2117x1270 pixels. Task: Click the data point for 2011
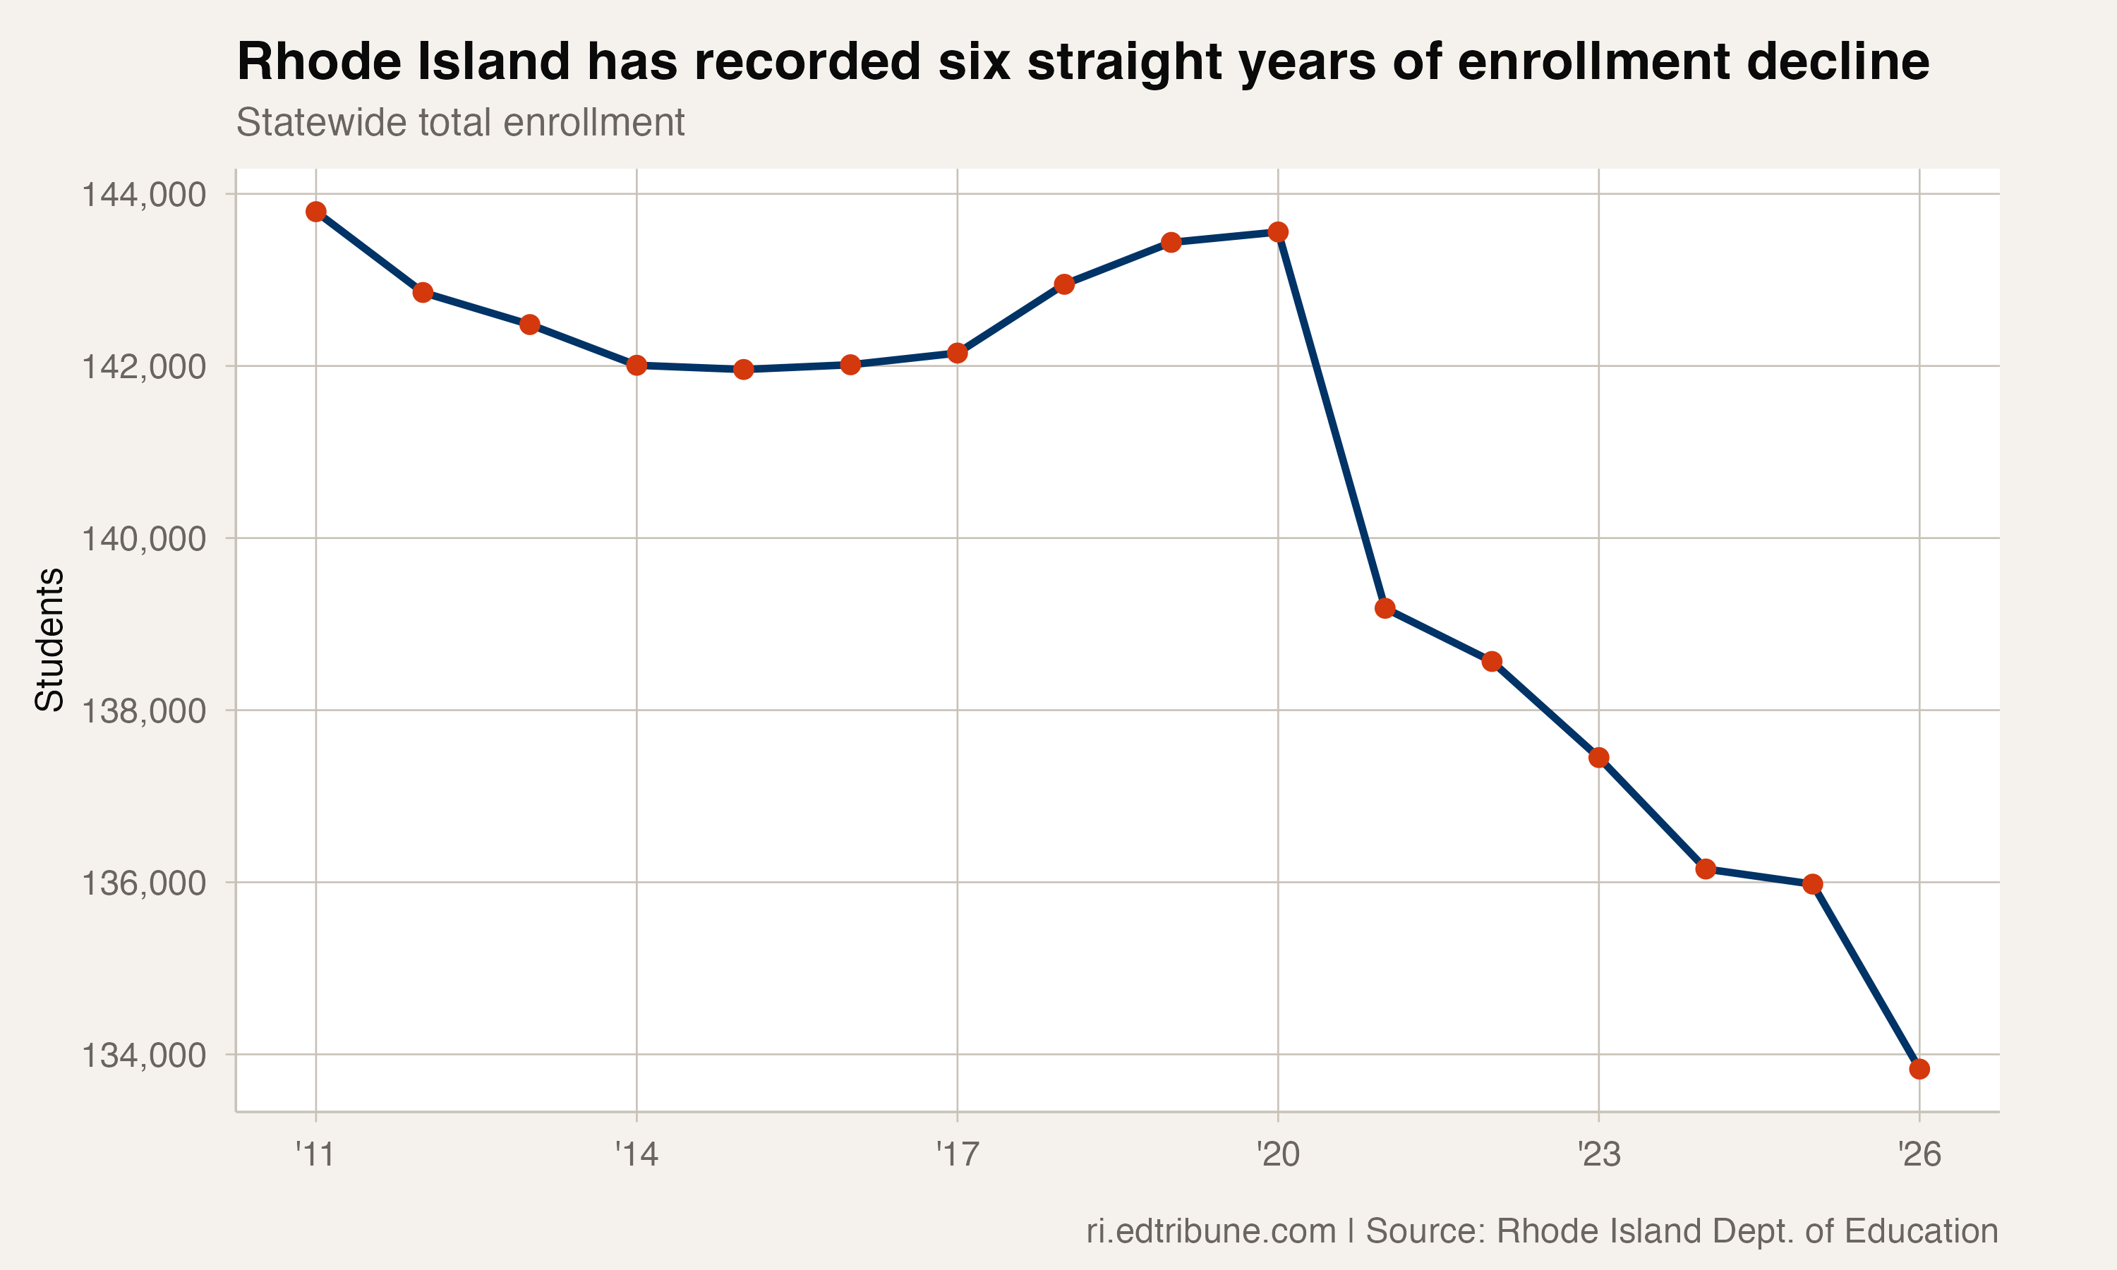click(315, 212)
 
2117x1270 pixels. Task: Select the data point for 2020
click(1277, 232)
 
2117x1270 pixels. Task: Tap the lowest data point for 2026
click(1919, 1069)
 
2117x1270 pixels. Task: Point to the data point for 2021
click(1385, 608)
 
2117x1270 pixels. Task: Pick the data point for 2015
click(744, 370)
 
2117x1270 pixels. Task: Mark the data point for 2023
click(1598, 757)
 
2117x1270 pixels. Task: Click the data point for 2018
click(1064, 284)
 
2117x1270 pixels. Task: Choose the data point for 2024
click(1706, 869)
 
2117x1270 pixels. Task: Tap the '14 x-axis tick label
click(637, 1155)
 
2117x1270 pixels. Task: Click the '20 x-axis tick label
click(1277, 1155)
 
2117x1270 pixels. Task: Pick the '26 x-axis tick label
click(1919, 1155)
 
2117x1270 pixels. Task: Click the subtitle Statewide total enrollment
click(460, 122)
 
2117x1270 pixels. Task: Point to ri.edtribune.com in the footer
click(1211, 1231)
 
